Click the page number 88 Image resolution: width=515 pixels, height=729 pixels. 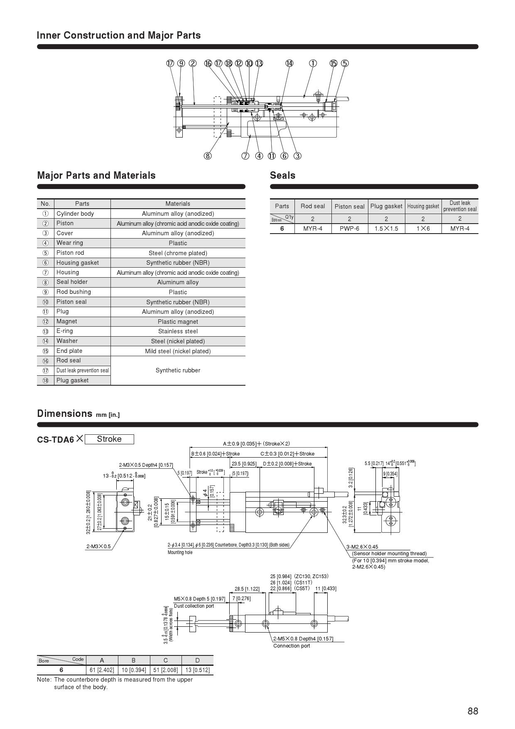coord(473,711)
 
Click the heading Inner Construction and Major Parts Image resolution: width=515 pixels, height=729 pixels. coord(119,35)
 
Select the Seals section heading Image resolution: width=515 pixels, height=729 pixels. coord(282,175)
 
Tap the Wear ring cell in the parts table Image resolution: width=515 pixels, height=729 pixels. coord(70,243)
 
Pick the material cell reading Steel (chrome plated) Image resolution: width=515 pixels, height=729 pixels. coord(178,253)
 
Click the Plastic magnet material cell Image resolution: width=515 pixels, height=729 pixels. coord(178,321)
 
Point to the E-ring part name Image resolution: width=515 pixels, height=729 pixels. coord(65,331)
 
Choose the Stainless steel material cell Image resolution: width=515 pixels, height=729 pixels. coord(178,331)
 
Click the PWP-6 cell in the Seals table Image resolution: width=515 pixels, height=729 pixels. coord(349,229)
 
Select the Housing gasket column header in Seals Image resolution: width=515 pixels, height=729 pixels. coord(423,206)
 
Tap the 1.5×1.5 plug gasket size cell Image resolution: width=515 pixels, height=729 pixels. coord(386,229)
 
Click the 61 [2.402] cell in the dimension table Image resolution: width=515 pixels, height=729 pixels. coord(102,670)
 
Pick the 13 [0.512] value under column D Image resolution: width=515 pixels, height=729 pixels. coord(197,670)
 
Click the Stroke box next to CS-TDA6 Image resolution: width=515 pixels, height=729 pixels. coord(109,439)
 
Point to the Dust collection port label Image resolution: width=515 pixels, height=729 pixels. coord(194,606)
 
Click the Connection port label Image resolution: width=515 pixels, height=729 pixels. coord(292,645)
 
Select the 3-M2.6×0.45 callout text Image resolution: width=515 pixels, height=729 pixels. coord(362,547)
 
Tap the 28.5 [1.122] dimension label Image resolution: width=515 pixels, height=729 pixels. coord(247,589)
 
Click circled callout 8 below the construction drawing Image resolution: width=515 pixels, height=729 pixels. coord(207,156)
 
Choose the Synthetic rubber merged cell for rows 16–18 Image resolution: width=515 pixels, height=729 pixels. coord(178,370)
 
